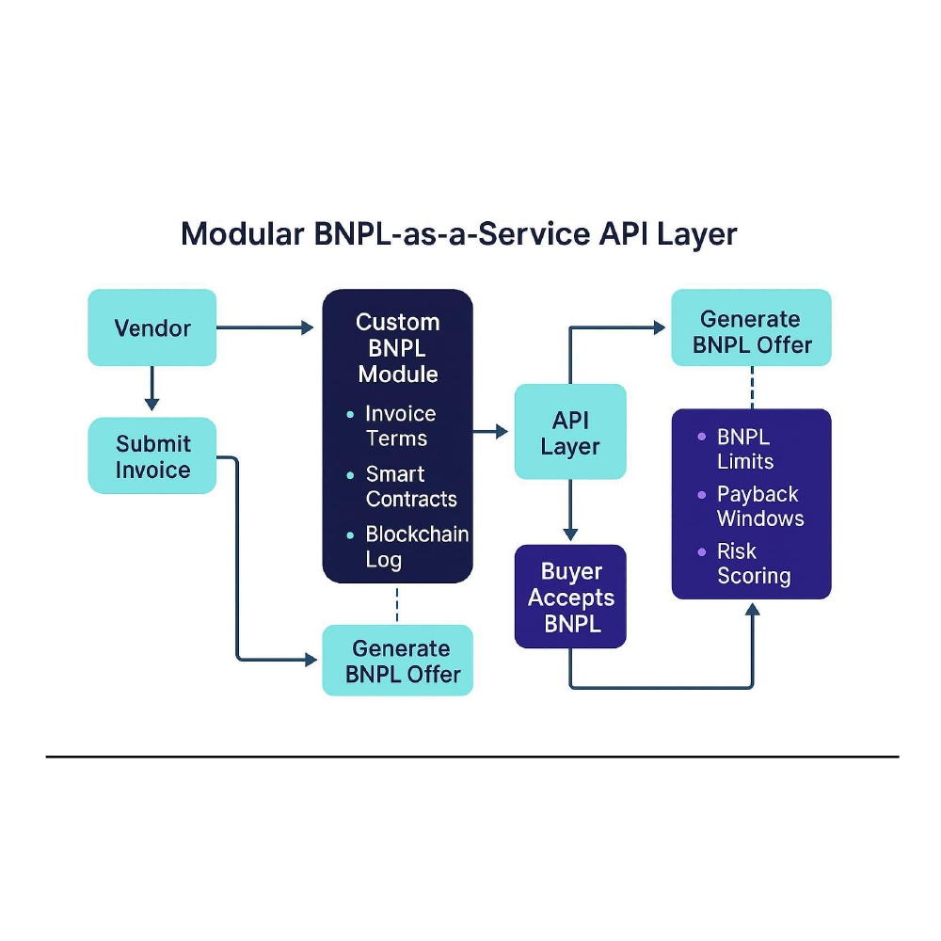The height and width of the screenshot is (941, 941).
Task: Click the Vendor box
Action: point(152,327)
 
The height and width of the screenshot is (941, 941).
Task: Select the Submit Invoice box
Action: point(152,456)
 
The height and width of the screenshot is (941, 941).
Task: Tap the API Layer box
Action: point(569,432)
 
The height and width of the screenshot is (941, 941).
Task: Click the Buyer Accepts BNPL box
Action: point(569,597)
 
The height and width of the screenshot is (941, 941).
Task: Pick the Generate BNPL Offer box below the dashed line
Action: point(397,661)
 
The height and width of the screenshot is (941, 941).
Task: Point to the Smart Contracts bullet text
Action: point(410,486)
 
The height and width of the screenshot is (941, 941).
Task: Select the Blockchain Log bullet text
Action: point(416,547)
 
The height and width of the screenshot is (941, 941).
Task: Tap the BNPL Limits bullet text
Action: point(745,449)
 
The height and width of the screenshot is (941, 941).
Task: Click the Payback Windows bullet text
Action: point(759,506)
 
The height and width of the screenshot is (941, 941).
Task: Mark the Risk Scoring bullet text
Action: point(753,564)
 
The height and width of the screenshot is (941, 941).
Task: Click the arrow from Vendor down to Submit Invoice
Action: point(152,388)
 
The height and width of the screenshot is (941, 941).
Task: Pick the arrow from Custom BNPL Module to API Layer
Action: point(490,432)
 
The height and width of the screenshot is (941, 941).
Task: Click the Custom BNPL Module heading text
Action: point(397,347)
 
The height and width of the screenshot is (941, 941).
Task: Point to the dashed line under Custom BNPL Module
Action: point(397,604)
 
